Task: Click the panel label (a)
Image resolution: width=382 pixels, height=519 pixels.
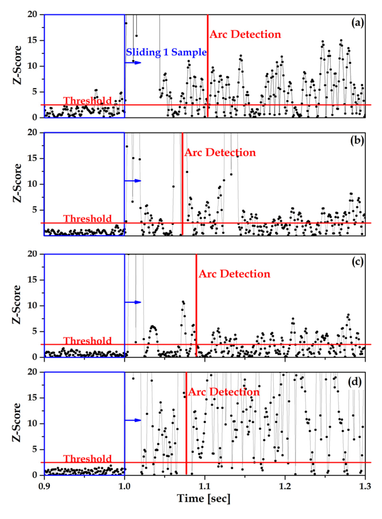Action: pos(358,23)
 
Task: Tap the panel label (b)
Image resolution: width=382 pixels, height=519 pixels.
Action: pos(358,140)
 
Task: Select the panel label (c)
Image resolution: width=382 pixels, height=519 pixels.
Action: pos(358,262)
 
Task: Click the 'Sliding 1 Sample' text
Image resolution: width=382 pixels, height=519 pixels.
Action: pos(166,52)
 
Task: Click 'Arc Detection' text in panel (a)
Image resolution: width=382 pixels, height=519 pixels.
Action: pos(245,35)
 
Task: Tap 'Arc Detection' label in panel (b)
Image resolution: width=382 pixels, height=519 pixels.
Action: pos(220,153)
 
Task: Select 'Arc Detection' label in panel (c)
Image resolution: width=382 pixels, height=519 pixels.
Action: pos(234,274)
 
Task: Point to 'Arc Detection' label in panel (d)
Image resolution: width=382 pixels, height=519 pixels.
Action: pos(224,392)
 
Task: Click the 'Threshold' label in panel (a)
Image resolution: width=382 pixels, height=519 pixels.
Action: pos(88,101)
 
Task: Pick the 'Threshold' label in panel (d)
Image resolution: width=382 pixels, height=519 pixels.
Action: pos(88,459)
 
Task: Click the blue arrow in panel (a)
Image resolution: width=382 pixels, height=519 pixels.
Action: pos(133,62)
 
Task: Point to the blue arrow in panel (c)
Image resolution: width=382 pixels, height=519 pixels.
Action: pos(133,302)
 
